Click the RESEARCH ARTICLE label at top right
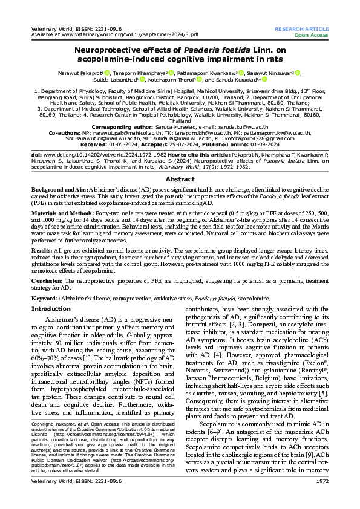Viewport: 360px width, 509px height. (301, 29)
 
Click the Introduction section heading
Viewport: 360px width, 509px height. (51, 308)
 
